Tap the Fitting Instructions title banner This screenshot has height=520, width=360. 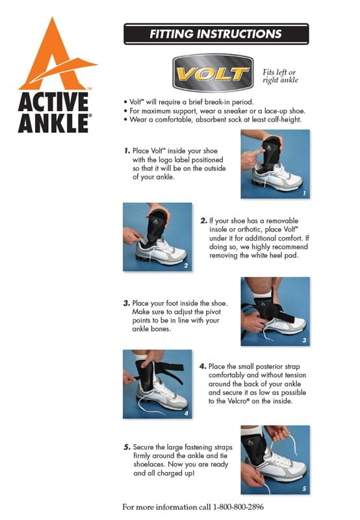pyautogui.click(x=216, y=34)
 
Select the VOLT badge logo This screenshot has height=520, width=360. pyautogui.click(x=213, y=73)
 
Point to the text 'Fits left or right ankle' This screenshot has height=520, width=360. pyautogui.click(x=280, y=76)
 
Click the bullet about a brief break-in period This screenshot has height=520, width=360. pyautogui.click(x=188, y=102)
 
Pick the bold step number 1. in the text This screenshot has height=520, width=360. pyautogui.click(x=127, y=151)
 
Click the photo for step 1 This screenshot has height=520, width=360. pyautogui.click(x=275, y=164)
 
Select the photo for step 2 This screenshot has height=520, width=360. pyautogui.click(x=157, y=237)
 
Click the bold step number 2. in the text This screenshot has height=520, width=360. pyautogui.click(x=203, y=221)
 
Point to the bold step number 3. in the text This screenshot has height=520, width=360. pyautogui.click(x=127, y=303)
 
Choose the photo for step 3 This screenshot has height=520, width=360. pyautogui.click(x=275, y=311)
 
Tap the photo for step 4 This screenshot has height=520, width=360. pyautogui.click(x=157, y=384)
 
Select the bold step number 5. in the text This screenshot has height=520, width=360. pyautogui.click(x=127, y=447)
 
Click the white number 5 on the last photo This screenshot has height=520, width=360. pyautogui.click(x=304, y=489)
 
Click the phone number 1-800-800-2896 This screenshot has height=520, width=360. pyautogui.click(x=238, y=507)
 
